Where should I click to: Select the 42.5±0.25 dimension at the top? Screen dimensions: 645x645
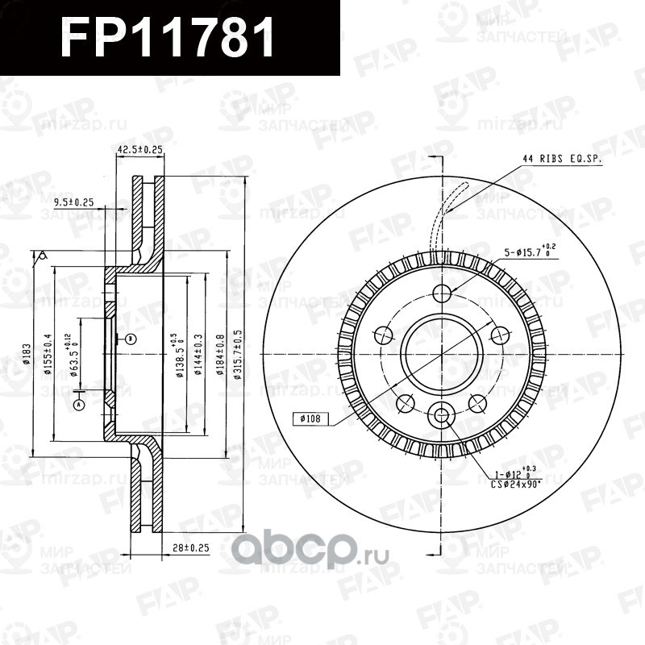[x=140, y=149]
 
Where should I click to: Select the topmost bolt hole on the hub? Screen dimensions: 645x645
[x=443, y=293]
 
